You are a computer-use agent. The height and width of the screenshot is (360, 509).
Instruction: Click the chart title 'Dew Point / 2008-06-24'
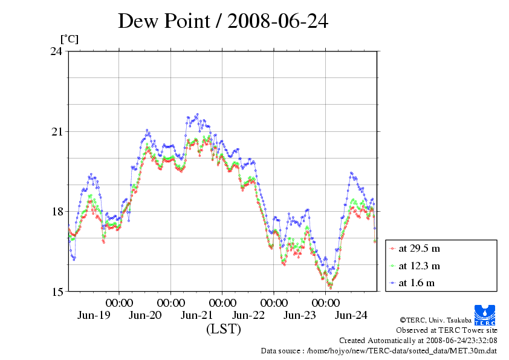[x=222, y=21]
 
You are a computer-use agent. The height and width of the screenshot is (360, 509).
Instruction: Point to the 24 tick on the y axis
[x=56, y=51]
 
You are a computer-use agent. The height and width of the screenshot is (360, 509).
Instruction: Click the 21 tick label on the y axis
[x=56, y=132]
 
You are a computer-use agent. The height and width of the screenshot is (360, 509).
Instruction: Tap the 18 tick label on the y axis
[x=56, y=212]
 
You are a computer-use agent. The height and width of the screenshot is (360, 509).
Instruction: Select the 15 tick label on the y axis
[x=56, y=292]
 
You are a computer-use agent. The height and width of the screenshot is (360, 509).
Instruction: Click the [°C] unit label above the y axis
[x=69, y=39]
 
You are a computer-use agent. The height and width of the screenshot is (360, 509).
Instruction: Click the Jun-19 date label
[x=94, y=315]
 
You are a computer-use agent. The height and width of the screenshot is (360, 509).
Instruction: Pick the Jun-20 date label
[x=146, y=315]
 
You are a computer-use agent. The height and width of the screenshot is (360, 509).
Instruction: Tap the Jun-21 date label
[x=197, y=315]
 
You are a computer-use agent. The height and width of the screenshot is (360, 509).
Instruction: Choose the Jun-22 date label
[x=248, y=315]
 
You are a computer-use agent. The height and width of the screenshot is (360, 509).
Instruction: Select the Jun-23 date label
[x=300, y=315]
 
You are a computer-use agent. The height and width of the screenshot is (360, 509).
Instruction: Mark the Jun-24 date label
[x=351, y=315]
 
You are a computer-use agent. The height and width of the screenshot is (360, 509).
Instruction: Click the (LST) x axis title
[x=223, y=330]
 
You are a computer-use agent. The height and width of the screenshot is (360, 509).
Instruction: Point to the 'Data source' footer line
[x=378, y=350]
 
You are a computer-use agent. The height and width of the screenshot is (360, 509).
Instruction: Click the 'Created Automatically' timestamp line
[x=418, y=340]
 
